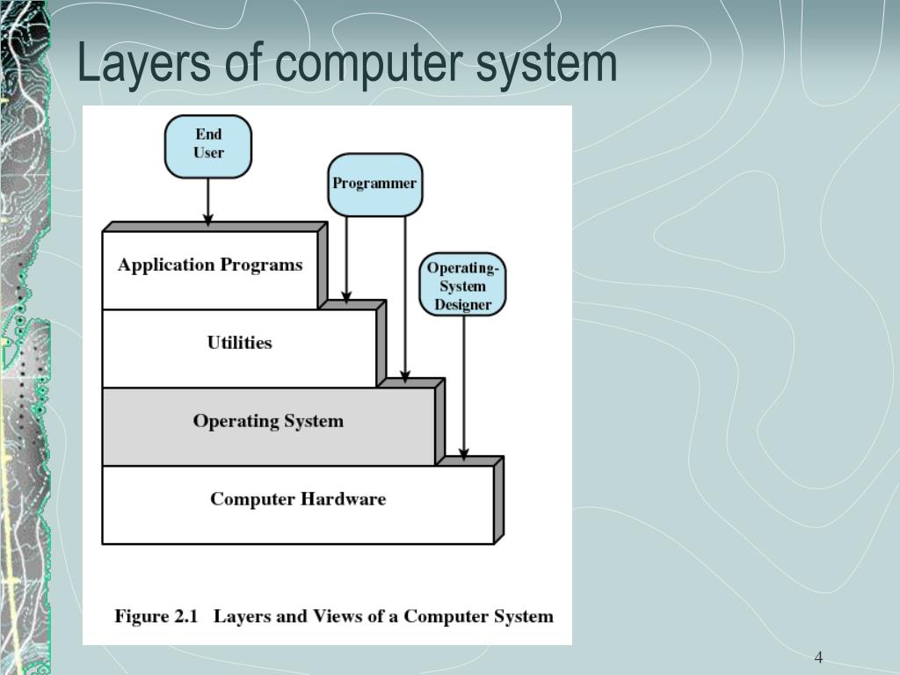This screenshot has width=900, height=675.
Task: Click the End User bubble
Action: [x=208, y=145]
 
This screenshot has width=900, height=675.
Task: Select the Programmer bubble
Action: [x=374, y=185]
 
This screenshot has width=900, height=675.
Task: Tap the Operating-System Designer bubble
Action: [x=462, y=285]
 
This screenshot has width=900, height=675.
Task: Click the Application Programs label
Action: [x=210, y=265]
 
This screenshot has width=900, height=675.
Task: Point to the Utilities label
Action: [x=239, y=343]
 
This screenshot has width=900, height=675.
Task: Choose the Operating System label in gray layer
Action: [x=268, y=421]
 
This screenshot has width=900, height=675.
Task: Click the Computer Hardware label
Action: [x=297, y=499]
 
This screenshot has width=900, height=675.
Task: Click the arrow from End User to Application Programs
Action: [x=208, y=201]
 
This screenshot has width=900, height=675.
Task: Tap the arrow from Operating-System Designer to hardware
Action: [x=464, y=387]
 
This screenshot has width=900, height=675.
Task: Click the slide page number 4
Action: [x=818, y=657]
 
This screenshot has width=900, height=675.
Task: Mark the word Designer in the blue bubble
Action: [x=463, y=305]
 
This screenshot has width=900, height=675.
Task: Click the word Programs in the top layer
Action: [x=261, y=265]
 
